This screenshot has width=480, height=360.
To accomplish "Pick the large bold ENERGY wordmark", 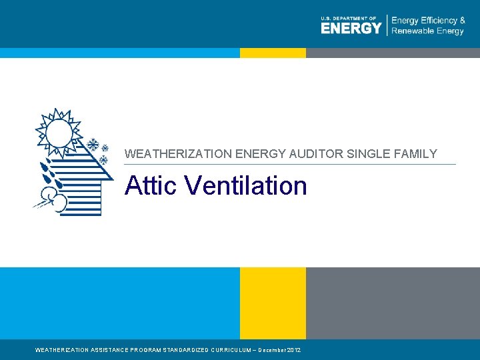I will click(351, 28).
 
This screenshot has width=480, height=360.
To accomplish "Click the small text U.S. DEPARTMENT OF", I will click(348, 18).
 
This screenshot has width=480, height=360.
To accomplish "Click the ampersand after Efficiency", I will click(462, 21).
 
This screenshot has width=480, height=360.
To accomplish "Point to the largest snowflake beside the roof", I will click(93, 145).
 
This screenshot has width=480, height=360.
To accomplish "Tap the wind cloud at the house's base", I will click(53, 197).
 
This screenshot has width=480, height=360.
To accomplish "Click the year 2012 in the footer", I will click(294, 350).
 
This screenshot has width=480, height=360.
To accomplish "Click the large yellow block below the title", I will click(273, 303).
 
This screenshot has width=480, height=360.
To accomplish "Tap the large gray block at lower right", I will click(393, 303).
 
